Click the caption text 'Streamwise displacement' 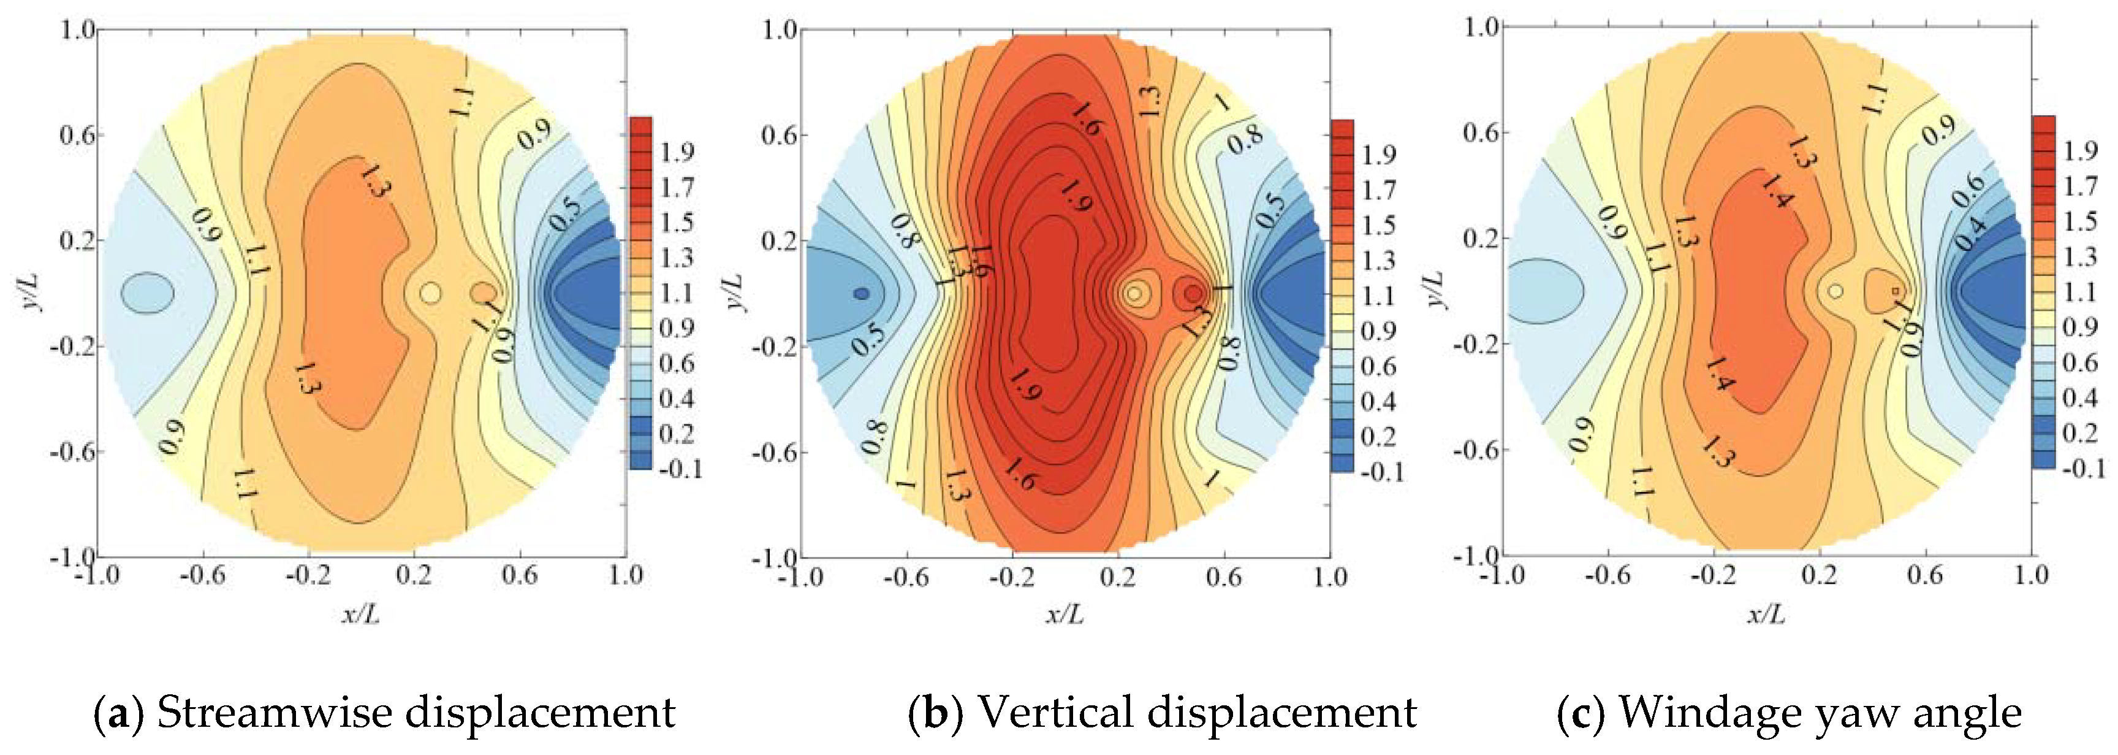pyautogui.click(x=416, y=712)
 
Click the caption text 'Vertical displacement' pyautogui.click(x=1196, y=712)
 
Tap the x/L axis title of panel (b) pyautogui.click(x=1065, y=613)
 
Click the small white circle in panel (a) pyautogui.click(x=430, y=293)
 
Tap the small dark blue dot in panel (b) pyautogui.click(x=861, y=293)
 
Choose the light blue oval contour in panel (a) pyautogui.click(x=147, y=293)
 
